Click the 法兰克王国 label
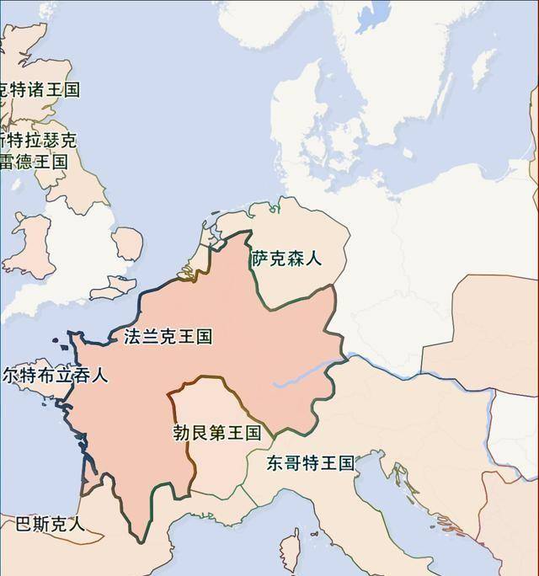click(168, 338)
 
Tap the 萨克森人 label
click(287, 259)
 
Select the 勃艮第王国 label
click(216, 433)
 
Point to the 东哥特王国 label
click(310, 462)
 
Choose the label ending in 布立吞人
click(55, 375)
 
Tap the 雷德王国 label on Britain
click(34, 161)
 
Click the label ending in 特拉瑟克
click(40, 140)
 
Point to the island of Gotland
click(483, 67)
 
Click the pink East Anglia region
click(128, 244)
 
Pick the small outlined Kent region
click(114, 289)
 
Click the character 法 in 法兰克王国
click(132, 338)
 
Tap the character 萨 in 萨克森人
click(260, 259)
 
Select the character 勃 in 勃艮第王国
click(181, 433)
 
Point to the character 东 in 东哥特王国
click(275, 462)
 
